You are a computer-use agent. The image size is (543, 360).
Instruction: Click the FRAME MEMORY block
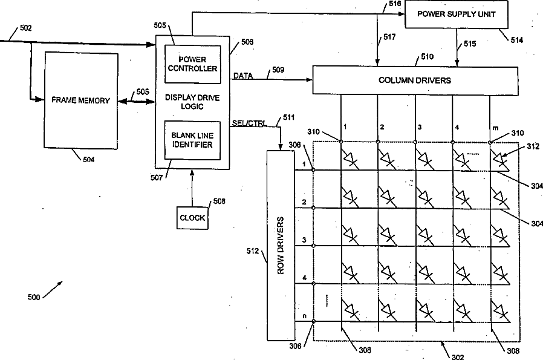[81, 100]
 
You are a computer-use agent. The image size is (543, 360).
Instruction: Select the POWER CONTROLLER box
[192, 64]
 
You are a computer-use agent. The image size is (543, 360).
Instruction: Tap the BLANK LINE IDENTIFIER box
[192, 140]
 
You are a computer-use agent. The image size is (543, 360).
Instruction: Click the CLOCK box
[192, 218]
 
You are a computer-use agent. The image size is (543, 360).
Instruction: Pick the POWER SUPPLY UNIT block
[457, 14]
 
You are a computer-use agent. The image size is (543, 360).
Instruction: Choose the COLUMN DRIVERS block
[415, 80]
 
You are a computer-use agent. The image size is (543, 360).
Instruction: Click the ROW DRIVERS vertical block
[281, 245]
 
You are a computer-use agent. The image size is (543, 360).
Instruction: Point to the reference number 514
[516, 40]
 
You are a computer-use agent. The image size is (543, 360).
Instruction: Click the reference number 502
[25, 28]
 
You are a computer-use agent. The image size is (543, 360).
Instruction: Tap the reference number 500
[34, 297]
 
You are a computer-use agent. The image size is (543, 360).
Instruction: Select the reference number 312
[533, 146]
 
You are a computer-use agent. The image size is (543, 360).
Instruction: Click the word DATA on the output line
[243, 76]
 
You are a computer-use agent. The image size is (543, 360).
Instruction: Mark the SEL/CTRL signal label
[249, 123]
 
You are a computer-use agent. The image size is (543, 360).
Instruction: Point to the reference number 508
[219, 201]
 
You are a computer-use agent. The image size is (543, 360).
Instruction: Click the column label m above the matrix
[496, 128]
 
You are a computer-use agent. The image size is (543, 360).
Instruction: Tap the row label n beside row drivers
[304, 316]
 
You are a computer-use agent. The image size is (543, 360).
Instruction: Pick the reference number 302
[458, 356]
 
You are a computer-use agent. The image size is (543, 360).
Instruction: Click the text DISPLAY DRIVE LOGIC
[192, 102]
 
